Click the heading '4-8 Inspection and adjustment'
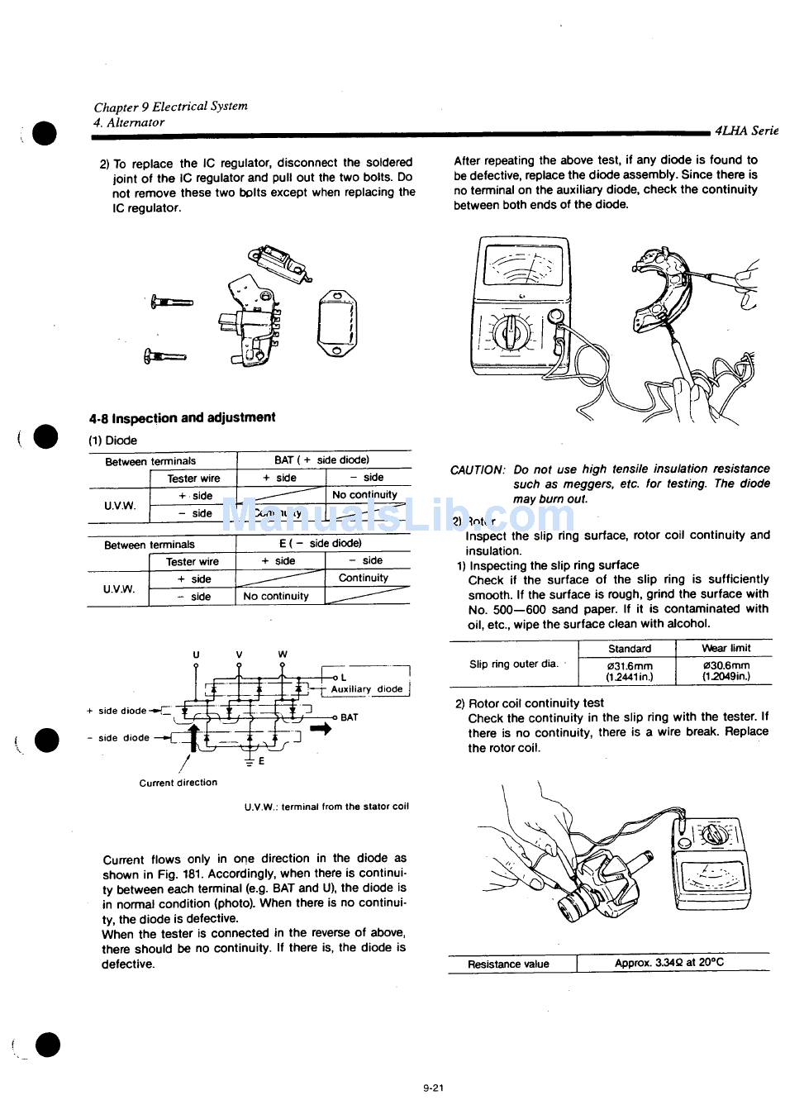click(x=182, y=418)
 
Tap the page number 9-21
click(x=433, y=1088)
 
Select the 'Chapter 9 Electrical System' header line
click(x=170, y=107)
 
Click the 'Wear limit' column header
click(x=726, y=649)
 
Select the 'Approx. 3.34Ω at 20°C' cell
click(x=669, y=963)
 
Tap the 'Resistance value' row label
click(x=508, y=964)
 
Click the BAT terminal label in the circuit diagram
click(x=349, y=717)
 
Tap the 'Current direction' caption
click(x=178, y=783)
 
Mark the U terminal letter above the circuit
click(x=196, y=655)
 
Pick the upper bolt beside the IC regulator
click(x=171, y=303)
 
